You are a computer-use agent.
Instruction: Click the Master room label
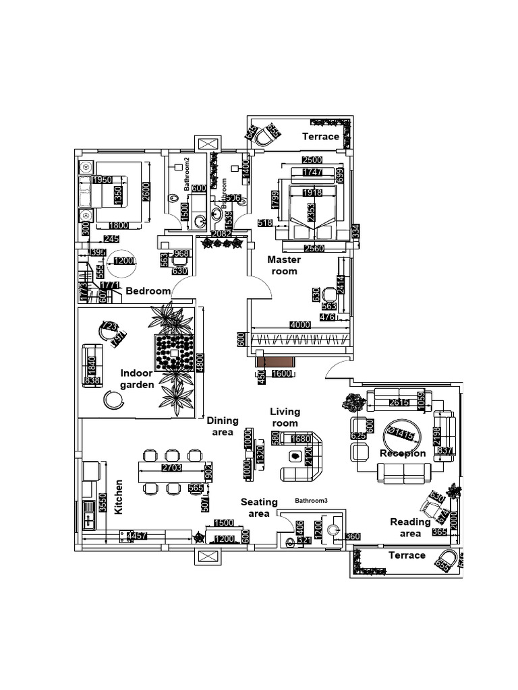[x=283, y=265]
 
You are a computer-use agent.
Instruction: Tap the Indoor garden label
[x=138, y=379]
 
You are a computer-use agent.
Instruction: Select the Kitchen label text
[x=119, y=497]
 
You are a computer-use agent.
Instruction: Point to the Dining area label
[x=223, y=425]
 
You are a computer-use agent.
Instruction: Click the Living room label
[x=285, y=417]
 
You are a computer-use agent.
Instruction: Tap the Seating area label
[x=260, y=507]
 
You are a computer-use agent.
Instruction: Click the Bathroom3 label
[x=311, y=501]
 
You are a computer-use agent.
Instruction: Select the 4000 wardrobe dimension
[x=300, y=325]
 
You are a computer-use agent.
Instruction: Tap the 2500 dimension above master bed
[x=312, y=160]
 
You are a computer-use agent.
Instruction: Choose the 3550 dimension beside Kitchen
[x=103, y=501]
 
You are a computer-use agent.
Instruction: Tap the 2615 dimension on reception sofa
[x=399, y=404]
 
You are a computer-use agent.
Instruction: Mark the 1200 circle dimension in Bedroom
[x=124, y=261]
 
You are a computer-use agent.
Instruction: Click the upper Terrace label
[x=320, y=136]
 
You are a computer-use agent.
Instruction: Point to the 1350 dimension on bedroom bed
[x=118, y=196]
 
